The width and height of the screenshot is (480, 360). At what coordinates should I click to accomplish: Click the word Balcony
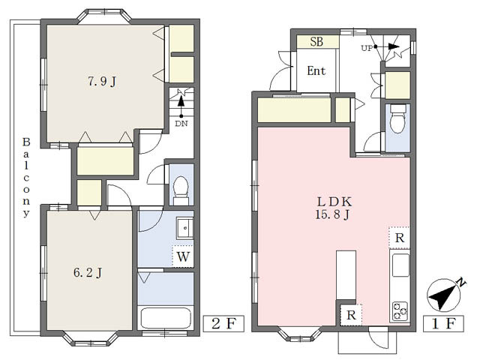[x=25, y=178]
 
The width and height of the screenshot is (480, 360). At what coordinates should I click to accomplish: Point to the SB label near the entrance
[x=316, y=42]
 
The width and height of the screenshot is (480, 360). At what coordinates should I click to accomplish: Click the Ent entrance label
[x=316, y=71]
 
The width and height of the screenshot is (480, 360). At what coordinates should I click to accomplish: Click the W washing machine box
[x=183, y=256]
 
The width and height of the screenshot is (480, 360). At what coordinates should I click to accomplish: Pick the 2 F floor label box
[x=224, y=325]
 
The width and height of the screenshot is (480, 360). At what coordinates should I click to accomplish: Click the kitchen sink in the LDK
[x=400, y=265]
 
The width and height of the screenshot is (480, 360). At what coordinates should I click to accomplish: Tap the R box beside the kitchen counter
[x=400, y=238]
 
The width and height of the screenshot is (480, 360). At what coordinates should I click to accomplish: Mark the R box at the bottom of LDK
[x=350, y=314]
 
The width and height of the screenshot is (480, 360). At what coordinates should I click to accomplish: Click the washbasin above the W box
[x=184, y=226]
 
